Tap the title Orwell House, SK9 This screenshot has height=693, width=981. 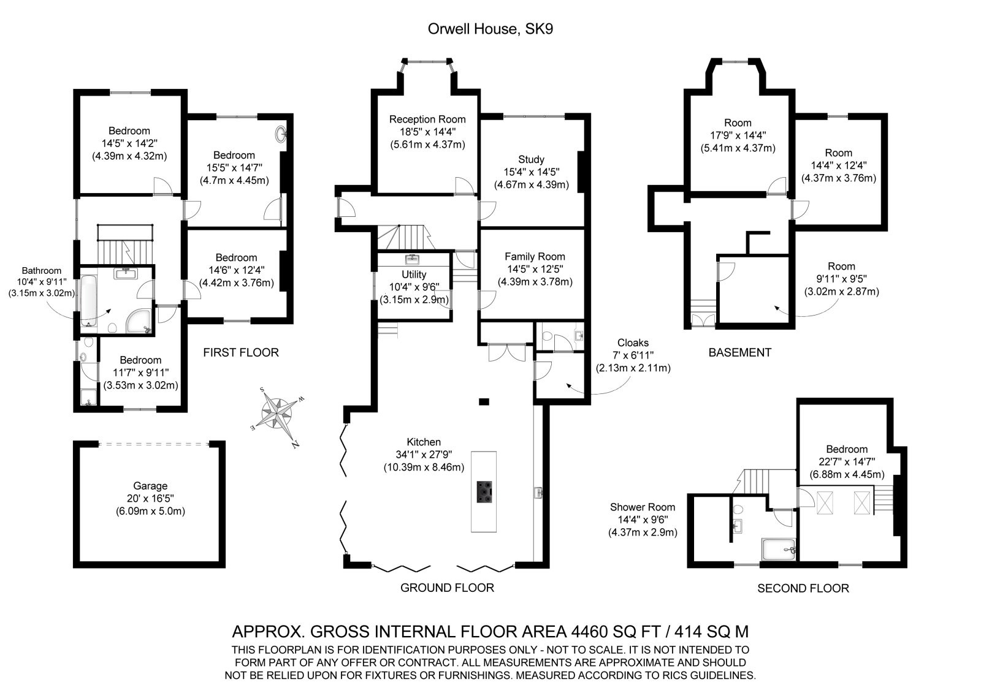pyautogui.click(x=490, y=29)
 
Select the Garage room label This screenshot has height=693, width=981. pyautogui.click(x=150, y=486)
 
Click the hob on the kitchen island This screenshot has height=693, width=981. pyautogui.click(x=484, y=491)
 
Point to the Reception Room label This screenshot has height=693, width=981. pyautogui.click(x=427, y=119)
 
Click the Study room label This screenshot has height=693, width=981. pyautogui.click(x=531, y=160)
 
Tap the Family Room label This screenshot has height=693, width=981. pyautogui.click(x=535, y=257)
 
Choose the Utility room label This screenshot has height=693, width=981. pyautogui.click(x=414, y=275)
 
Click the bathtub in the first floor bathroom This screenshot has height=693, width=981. pyautogui.click(x=86, y=300)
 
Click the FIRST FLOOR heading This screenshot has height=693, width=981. pyautogui.click(x=241, y=352)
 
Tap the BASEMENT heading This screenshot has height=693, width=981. pyautogui.click(x=739, y=352)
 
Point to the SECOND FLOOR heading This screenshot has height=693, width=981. pyautogui.click(x=803, y=588)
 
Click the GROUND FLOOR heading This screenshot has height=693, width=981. pyautogui.click(x=447, y=588)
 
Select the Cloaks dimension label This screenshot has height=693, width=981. pyautogui.click(x=633, y=355)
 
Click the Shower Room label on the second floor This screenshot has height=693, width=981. pyautogui.click(x=642, y=507)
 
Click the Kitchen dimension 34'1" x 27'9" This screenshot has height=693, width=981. pyautogui.click(x=423, y=455)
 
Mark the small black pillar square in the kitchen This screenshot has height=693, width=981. pyautogui.click(x=484, y=402)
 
